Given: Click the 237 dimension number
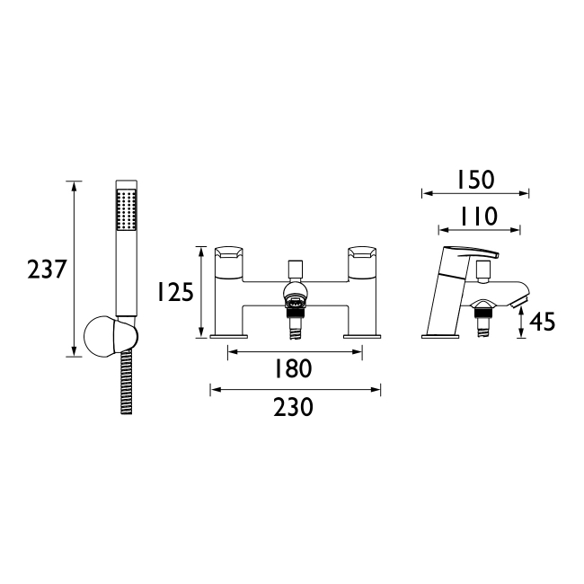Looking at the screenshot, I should pos(47,269).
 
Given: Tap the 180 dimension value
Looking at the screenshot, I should pos(293,367).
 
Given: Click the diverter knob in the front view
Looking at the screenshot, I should pos(294,269).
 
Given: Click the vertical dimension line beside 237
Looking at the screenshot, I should pos(75,269).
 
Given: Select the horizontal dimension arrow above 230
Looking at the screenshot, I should pos(295,389).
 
